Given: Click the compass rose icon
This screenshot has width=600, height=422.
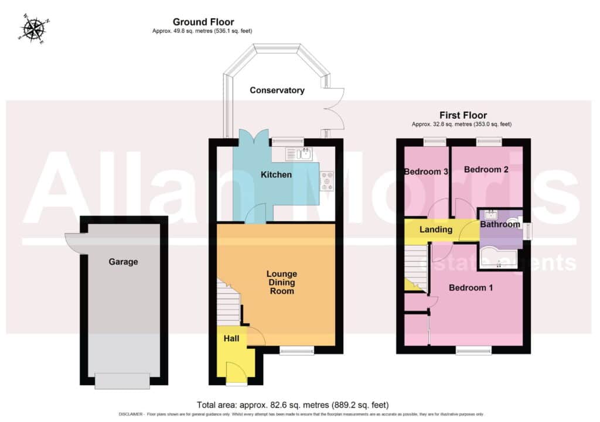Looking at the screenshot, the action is [33, 29].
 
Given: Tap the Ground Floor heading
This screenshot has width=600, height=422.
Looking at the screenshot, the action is [203, 22].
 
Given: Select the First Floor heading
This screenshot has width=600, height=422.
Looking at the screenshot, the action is [463, 115].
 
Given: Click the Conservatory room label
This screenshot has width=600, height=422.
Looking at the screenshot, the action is [277, 90].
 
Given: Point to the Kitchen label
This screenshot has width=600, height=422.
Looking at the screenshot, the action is [277, 174].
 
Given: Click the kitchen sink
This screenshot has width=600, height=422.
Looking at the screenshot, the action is [299, 154].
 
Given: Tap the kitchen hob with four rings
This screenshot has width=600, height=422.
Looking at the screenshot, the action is [327, 180].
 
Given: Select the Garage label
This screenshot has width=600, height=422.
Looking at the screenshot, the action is [123, 262].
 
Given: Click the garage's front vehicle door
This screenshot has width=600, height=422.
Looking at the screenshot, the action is [122, 381].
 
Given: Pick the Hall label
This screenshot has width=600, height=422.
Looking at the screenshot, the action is [231, 338].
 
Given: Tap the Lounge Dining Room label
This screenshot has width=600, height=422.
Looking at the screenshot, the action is [282, 282].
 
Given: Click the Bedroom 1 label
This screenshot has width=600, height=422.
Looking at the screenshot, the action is [471, 287].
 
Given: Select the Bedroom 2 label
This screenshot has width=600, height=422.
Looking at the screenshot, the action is [486, 169].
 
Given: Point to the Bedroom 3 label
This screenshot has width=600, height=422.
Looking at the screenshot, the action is [426, 171].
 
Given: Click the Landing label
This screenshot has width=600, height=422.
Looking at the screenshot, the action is [436, 229].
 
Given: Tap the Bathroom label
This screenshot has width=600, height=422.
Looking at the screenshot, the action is [500, 224].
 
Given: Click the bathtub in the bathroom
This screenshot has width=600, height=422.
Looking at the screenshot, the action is [498, 259].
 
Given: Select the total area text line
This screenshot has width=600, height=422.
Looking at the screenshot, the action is [293, 405].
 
